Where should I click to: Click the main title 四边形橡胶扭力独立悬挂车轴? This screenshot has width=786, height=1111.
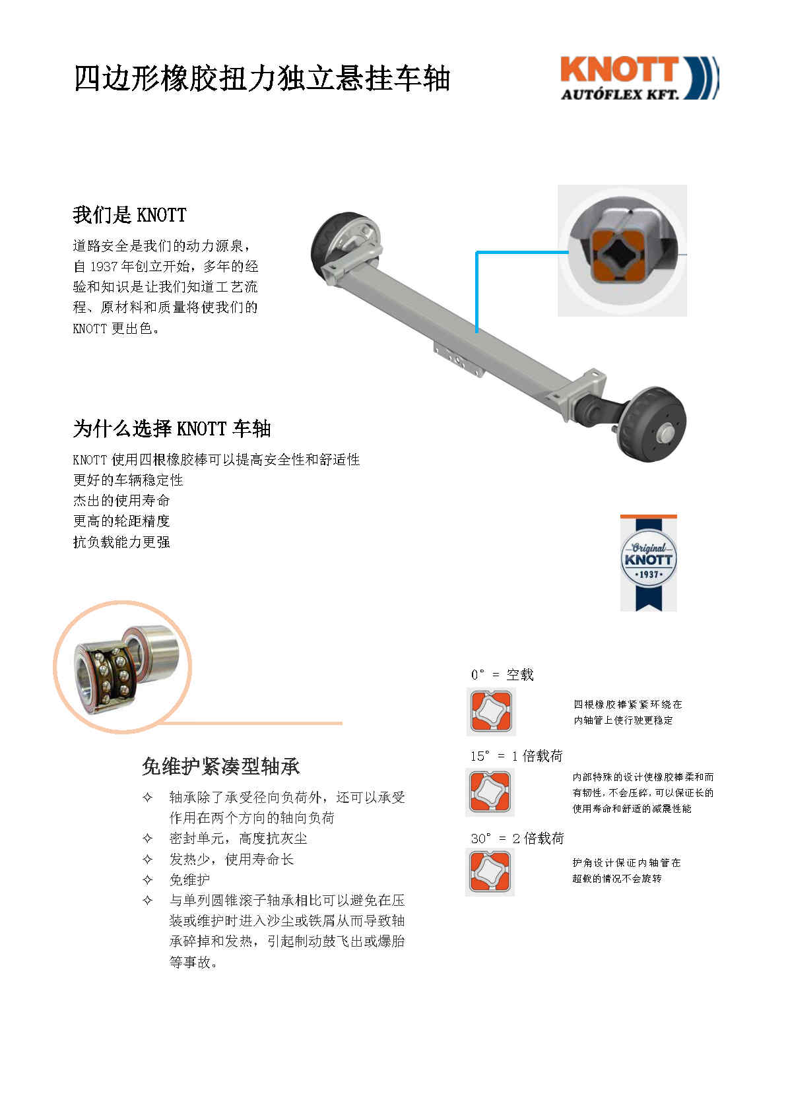click(261, 78)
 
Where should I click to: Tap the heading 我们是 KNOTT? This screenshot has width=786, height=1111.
click(129, 215)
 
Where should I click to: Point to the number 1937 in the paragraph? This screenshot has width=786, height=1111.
click(104, 267)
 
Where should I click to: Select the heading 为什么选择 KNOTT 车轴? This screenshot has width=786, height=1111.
click(172, 429)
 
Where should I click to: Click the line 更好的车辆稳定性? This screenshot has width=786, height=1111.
click(128, 480)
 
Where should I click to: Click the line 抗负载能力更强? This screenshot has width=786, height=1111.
click(121, 542)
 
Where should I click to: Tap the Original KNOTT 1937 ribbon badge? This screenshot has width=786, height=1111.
click(648, 563)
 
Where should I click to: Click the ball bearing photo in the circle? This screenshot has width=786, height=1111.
click(123, 668)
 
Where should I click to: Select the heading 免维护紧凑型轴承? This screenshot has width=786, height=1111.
click(220, 767)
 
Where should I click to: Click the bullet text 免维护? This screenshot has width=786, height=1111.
click(189, 880)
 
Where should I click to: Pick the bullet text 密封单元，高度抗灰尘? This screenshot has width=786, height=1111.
click(238, 839)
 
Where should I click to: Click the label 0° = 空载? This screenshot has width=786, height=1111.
click(502, 675)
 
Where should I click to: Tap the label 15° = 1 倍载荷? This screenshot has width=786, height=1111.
click(516, 756)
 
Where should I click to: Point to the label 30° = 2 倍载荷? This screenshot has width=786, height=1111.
click(517, 839)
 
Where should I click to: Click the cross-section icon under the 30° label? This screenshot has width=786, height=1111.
click(490, 872)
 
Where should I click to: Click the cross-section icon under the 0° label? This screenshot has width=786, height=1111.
click(491, 711)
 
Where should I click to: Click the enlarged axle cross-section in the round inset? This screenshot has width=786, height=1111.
click(622, 251)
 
